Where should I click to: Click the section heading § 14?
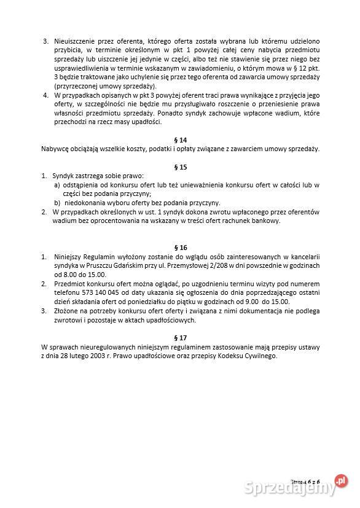point(181,140)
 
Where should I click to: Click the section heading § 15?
point(181,166)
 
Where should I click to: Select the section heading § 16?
point(181,247)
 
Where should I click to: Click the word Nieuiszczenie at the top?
point(76,41)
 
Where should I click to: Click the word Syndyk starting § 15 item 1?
point(63,176)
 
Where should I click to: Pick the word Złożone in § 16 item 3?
point(66,311)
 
